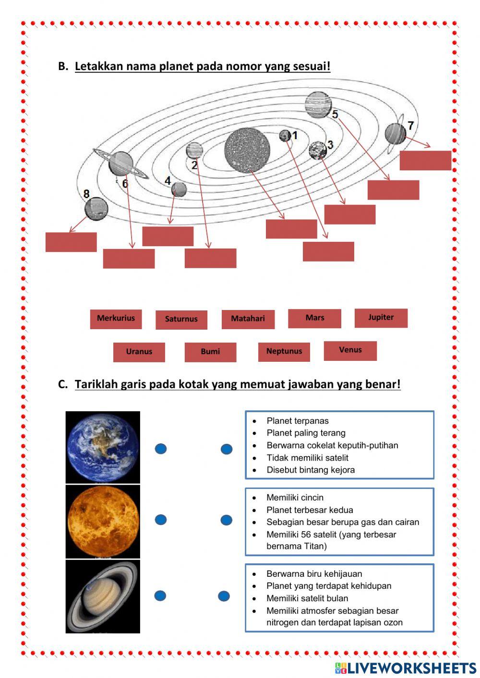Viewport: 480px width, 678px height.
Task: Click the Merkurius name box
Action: (116, 319)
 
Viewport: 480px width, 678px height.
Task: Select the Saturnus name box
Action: (181, 320)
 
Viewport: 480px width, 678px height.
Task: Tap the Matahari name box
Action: (248, 319)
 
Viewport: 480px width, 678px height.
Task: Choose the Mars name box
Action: (314, 318)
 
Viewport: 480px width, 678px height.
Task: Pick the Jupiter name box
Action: (381, 318)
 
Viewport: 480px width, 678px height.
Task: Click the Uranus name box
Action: (139, 352)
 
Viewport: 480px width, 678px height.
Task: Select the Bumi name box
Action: (210, 352)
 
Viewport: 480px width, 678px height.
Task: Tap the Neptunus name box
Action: (284, 351)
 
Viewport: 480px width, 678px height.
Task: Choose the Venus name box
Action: (350, 350)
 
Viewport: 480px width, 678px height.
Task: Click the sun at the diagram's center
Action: (247, 150)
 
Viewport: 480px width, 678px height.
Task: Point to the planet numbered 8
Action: (96, 209)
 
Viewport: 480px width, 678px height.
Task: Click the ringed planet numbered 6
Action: (120, 164)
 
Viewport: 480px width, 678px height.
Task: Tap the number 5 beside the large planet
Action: (335, 114)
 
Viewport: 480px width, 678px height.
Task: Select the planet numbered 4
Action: (179, 189)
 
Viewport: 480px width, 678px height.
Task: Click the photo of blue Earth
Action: (103, 447)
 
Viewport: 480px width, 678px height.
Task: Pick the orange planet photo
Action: (103, 522)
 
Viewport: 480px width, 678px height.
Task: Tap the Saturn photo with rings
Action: (103, 596)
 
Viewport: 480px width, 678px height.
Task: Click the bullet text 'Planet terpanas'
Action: (298, 421)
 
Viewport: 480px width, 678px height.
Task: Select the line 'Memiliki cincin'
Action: (295, 498)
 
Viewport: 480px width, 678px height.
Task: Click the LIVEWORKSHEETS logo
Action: (406, 668)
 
